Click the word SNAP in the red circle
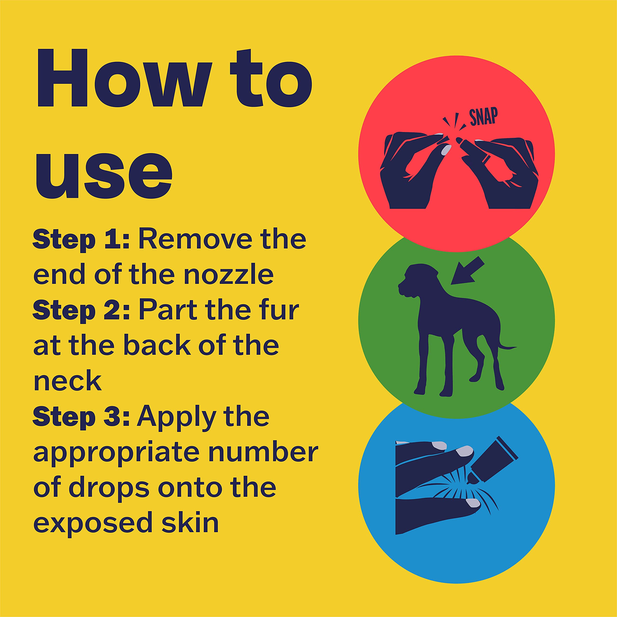(483, 117)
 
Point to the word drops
(109, 488)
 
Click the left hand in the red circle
(412, 173)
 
